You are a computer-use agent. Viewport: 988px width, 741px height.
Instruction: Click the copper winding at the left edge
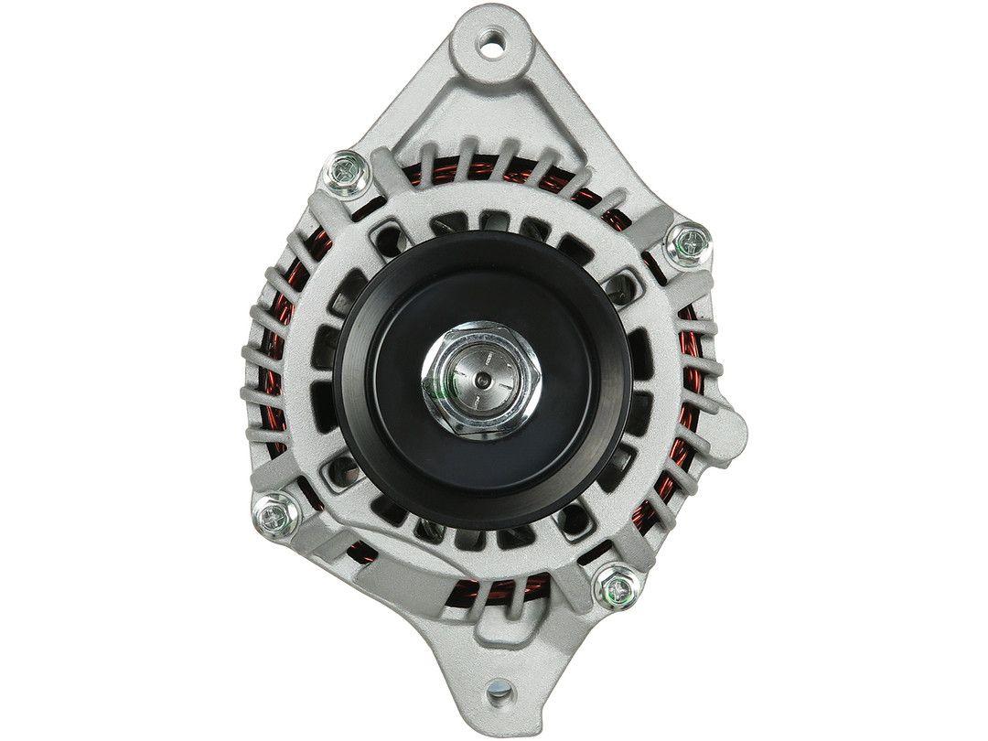click(266, 384)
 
